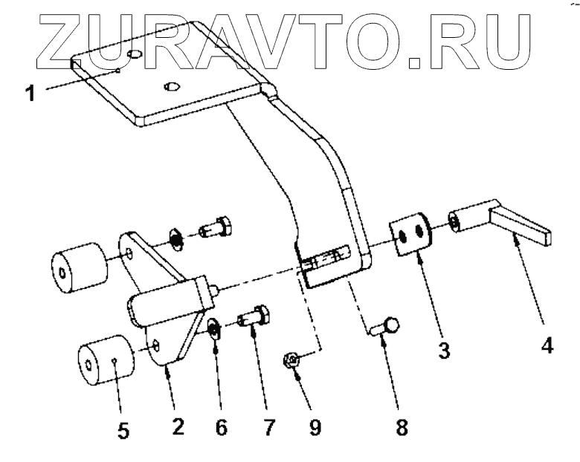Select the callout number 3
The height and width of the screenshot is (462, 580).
pyautogui.click(x=444, y=349)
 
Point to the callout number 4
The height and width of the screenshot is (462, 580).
pyautogui.click(x=547, y=348)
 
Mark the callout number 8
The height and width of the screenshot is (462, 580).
pyautogui.click(x=402, y=429)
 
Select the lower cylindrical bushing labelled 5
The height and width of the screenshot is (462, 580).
pyautogui.click(x=105, y=362)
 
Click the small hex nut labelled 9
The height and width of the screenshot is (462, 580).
pyautogui.click(x=292, y=361)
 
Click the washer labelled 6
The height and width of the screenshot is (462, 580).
pyautogui.click(x=213, y=328)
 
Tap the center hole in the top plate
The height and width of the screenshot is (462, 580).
pyautogui.click(x=170, y=86)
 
